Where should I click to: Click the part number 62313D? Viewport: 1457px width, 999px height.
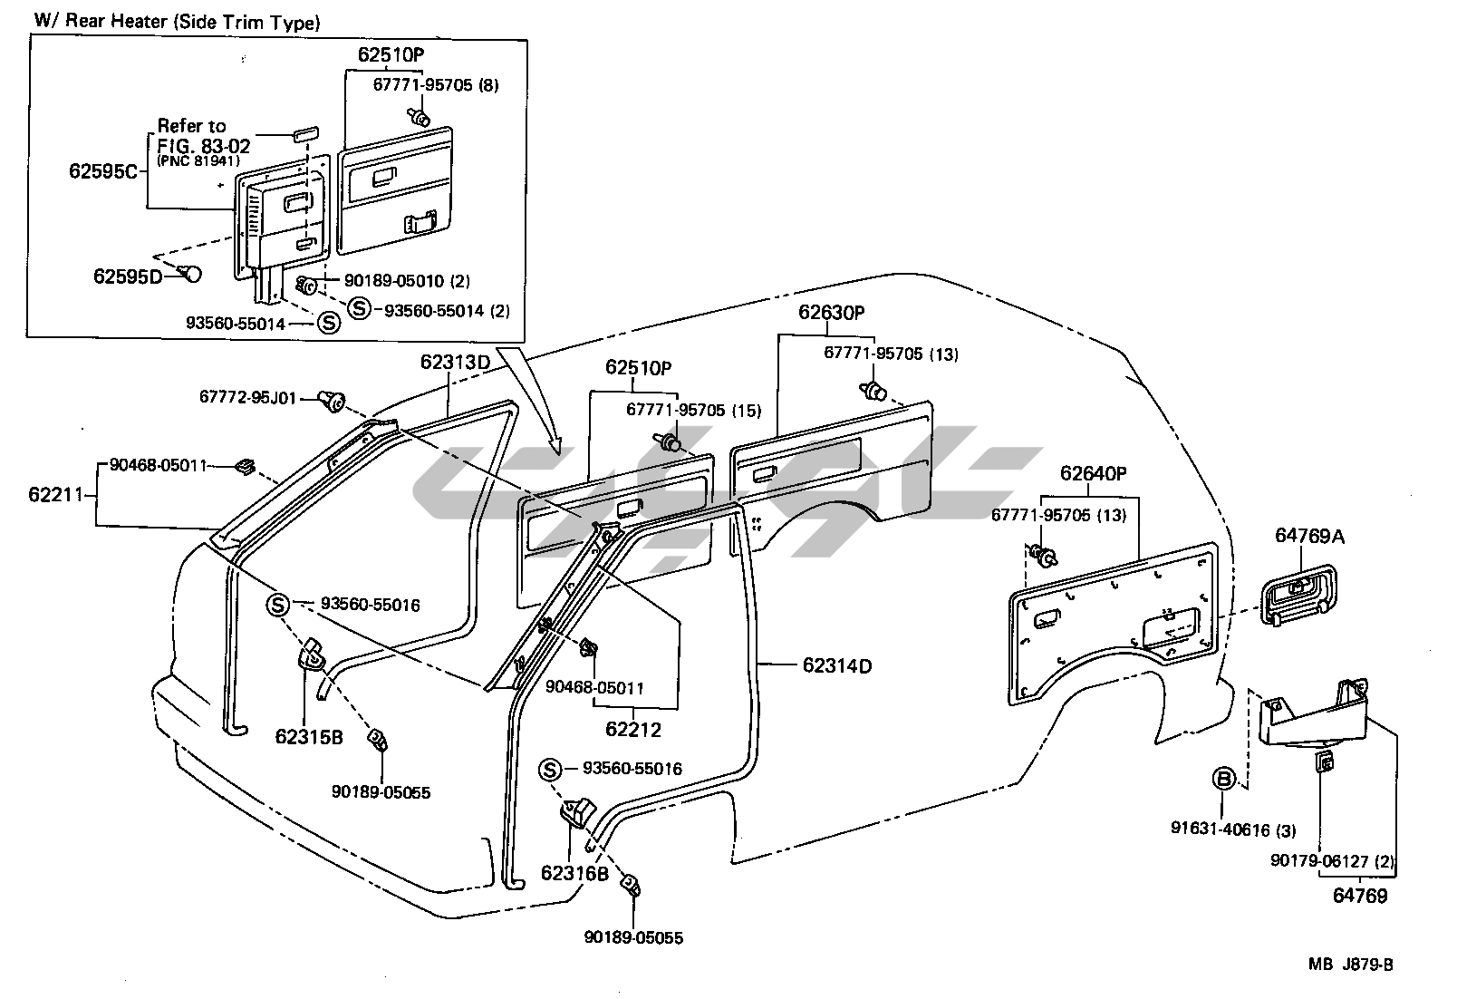(x=454, y=362)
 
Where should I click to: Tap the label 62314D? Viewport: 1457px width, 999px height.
(x=836, y=666)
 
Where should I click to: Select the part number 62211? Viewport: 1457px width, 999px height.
(x=56, y=494)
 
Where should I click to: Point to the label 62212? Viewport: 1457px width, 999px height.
(x=633, y=728)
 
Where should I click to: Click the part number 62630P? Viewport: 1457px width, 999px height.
(x=831, y=313)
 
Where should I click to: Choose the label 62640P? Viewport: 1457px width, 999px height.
(x=1093, y=474)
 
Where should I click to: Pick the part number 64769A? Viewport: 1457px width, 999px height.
(x=1309, y=536)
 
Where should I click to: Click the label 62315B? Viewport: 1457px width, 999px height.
(x=309, y=736)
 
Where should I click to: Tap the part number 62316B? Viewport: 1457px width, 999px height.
(x=574, y=873)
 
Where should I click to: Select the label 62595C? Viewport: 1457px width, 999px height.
(x=103, y=170)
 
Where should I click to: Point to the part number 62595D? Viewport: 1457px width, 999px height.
(x=128, y=276)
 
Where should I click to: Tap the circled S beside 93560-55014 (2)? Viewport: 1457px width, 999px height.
(x=360, y=310)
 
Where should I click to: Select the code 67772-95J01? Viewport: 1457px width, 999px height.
(x=247, y=397)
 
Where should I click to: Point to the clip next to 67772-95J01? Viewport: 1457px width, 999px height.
(x=332, y=400)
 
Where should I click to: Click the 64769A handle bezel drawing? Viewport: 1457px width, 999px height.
(x=1298, y=594)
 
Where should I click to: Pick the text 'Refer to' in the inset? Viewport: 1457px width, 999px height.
(x=191, y=126)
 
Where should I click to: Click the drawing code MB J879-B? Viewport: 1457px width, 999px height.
(x=1350, y=965)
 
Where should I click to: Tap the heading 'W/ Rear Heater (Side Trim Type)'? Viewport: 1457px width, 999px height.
(x=177, y=23)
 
